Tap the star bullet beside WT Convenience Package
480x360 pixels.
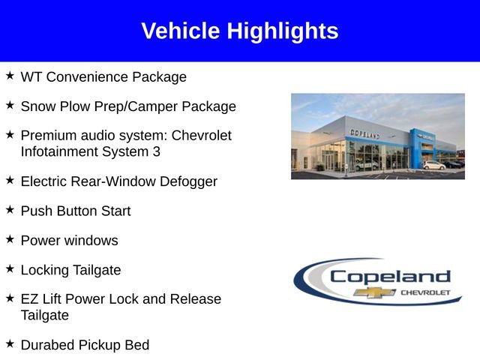click(10, 76)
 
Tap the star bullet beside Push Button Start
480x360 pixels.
click(10, 211)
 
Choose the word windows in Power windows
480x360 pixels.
click(91, 241)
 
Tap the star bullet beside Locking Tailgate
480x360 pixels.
click(10, 269)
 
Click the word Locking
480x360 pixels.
click(44, 270)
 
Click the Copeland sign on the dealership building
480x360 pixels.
click(364, 133)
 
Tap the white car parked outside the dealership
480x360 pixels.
click(433, 165)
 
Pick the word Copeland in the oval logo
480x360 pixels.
click(390, 276)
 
